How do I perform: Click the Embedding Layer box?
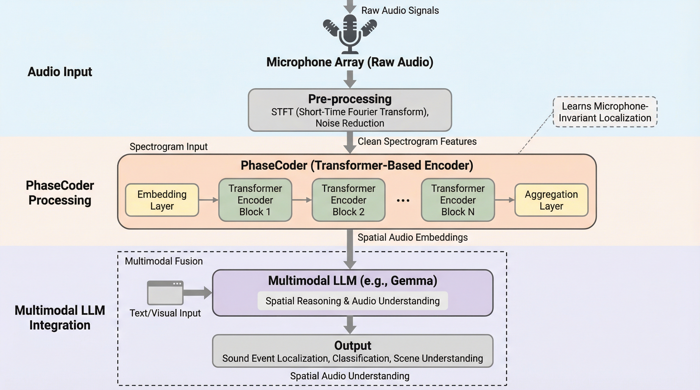click(162, 200)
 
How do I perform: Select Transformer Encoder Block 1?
click(255, 200)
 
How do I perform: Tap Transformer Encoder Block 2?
click(348, 200)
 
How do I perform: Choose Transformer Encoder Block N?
click(458, 200)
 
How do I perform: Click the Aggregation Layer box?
click(551, 200)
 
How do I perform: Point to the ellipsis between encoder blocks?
click(403, 201)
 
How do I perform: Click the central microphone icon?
click(350, 32)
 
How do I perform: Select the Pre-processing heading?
click(350, 99)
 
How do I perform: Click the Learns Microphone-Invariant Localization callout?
click(605, 112)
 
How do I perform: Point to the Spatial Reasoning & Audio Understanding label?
click(353, 301)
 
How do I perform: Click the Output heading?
click(353, 345)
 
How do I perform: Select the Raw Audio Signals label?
click(400, 11)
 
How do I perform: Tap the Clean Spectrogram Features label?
click(417, 142)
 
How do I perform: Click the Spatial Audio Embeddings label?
click(413, 237)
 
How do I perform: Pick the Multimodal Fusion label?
click(164, 261)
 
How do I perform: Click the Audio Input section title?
click(60, 72)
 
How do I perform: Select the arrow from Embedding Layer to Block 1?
click(208, 200)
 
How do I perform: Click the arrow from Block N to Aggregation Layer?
click(505, 200)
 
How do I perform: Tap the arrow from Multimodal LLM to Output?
click(350, 325)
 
